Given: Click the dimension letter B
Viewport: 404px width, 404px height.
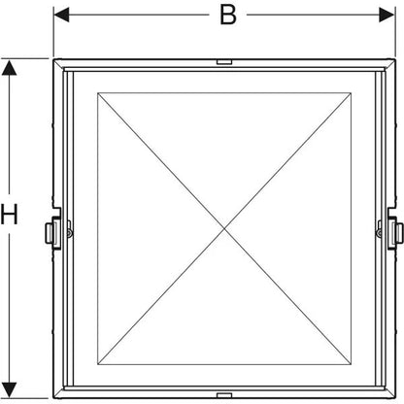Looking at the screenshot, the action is tap(228, 15).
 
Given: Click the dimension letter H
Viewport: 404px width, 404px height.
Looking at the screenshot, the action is tap(9, 215).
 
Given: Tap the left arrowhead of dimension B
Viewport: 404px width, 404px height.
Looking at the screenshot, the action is tap(61, 15).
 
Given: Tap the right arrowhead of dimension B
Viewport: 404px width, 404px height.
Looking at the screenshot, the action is tap(387, 15).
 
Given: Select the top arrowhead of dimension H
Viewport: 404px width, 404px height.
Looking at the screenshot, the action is tap(9, 68).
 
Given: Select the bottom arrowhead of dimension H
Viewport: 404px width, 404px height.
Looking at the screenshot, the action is tap(9, 390).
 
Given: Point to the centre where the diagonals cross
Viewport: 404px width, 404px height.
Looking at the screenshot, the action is tap(224, 229).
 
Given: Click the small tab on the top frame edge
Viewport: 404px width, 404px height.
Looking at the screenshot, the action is tap(224, 62).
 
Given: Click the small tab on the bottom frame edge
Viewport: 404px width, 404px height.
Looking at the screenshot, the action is tap(224, 395).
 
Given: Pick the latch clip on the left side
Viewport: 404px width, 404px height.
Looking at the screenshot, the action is tap(52, 232).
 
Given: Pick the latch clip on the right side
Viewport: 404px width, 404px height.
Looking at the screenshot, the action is tap(395, 232).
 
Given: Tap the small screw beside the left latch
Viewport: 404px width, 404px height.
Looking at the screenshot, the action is tap(69, 232).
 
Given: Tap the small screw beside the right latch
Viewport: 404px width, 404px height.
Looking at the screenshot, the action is tap(379, 232).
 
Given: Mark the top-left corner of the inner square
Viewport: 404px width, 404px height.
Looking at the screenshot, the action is tap(98, 93).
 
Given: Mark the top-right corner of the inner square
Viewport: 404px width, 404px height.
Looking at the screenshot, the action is tap(352, 93).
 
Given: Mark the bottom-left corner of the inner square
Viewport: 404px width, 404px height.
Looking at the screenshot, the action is tap(98, 365).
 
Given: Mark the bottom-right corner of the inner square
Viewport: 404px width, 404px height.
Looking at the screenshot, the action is tap(352, 365).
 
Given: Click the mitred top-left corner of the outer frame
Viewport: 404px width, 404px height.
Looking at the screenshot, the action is tap(58, 64).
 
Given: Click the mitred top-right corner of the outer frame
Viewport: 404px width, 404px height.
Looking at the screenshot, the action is tap(390, 64).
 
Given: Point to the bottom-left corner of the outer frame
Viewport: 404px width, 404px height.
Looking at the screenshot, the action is tap(53, 398).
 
